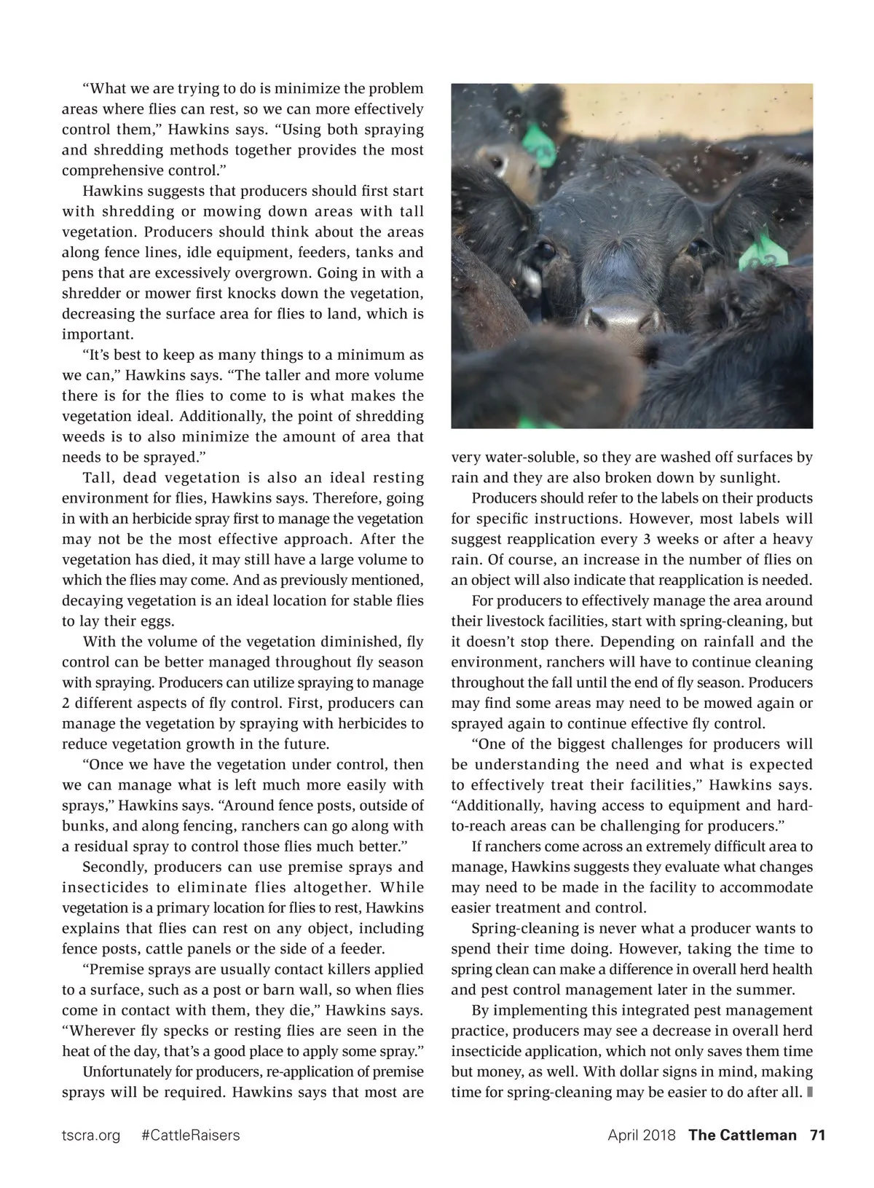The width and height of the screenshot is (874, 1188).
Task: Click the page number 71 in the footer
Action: click(817, 1135)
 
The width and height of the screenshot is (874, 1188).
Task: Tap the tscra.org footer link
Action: click(91, 1135)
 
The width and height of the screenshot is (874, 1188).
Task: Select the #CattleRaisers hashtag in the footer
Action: click(190, 1135)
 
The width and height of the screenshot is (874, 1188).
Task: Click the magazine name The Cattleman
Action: click(742, 1135)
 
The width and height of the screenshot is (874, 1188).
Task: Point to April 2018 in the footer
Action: click(642, 1135)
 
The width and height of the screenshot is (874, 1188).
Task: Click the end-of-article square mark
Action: click(810, 1093)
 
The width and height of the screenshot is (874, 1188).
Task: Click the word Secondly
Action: click(114, 867)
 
